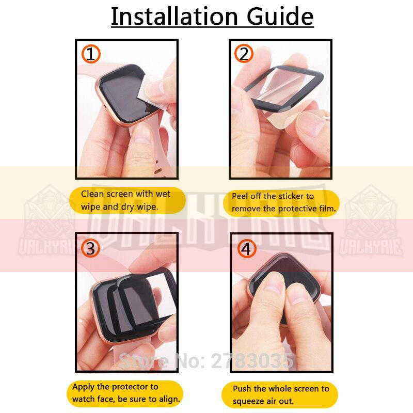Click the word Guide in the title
pyautogui.click(x=280, y=17)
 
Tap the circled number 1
pyautogui.click(x=91, y=54)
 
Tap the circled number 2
pyautogui.click(x=244, y=54)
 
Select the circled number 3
pyautogui.click(x=90, y=248)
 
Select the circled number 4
pyautogui.click(x=247, y=248)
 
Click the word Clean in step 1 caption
pyautogui.click(x=92, y=194)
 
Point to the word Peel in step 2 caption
pyautogui.click(x=240, y=196)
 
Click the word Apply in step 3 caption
pyautogui.click(x=84, y=387)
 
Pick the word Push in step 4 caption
pyautogui.click(x=242, y=389)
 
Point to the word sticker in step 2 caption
pyautogui.click(x=291, y=196)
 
